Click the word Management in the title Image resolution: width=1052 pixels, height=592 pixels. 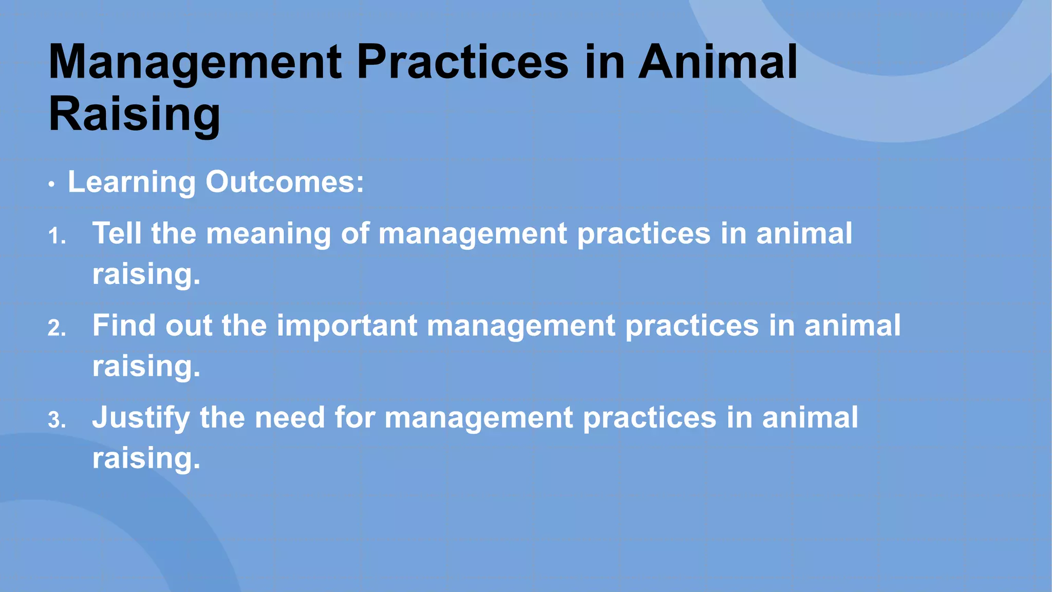point(195,63)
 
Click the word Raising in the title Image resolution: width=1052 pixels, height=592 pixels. point(135,114)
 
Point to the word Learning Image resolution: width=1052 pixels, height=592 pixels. point(131,182)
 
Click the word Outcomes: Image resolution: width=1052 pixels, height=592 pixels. point(285,182)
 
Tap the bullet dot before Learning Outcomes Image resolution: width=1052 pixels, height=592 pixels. point(51,185)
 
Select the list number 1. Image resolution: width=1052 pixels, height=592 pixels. point(57,237)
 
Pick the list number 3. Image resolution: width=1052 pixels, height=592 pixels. point(57,421)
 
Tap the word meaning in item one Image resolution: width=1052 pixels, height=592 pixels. point(269,234)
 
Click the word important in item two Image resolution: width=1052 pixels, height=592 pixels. point(347,326)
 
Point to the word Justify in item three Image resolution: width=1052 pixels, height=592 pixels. point(141,418)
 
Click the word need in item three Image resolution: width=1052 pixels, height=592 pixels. point(290,417)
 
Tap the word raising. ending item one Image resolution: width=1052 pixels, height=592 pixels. point(146,274)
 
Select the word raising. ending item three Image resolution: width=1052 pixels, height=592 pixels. point(146,458)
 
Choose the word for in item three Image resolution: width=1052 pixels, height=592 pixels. point(354,417)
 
